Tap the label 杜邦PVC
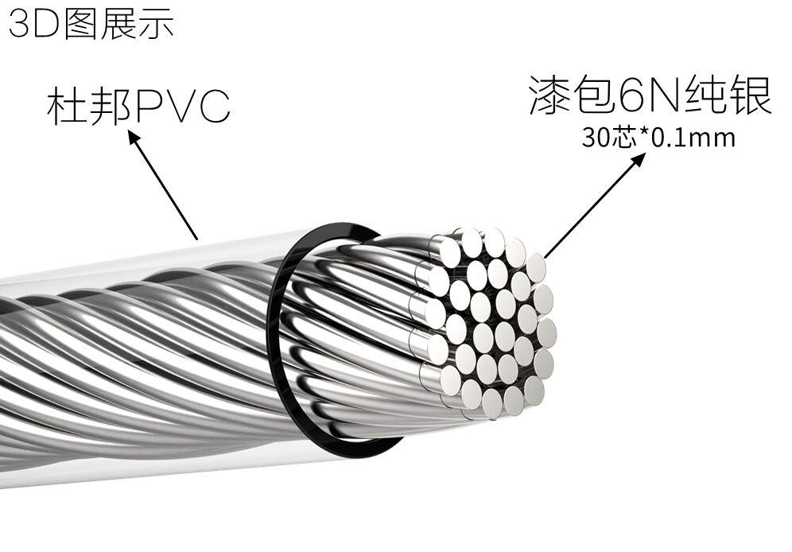pos(138,107)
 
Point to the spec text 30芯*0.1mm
pos(658,138)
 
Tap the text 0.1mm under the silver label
pos(694,138)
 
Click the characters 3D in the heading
pos(31,24)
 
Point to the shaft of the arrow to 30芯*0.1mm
pos(592,208)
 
